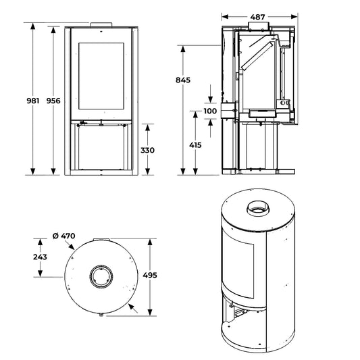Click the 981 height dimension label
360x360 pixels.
(33, 101)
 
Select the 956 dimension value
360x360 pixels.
(53, 101)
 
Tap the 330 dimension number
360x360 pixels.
(147, 150)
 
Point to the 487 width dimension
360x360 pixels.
(257, 17)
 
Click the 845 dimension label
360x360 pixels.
(183, 80)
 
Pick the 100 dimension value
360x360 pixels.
(210, 111)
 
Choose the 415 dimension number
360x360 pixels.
(195, 145)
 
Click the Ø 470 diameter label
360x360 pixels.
(63, 236)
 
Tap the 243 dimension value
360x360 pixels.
(40, 257)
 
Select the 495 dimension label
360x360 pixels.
(150, 275)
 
